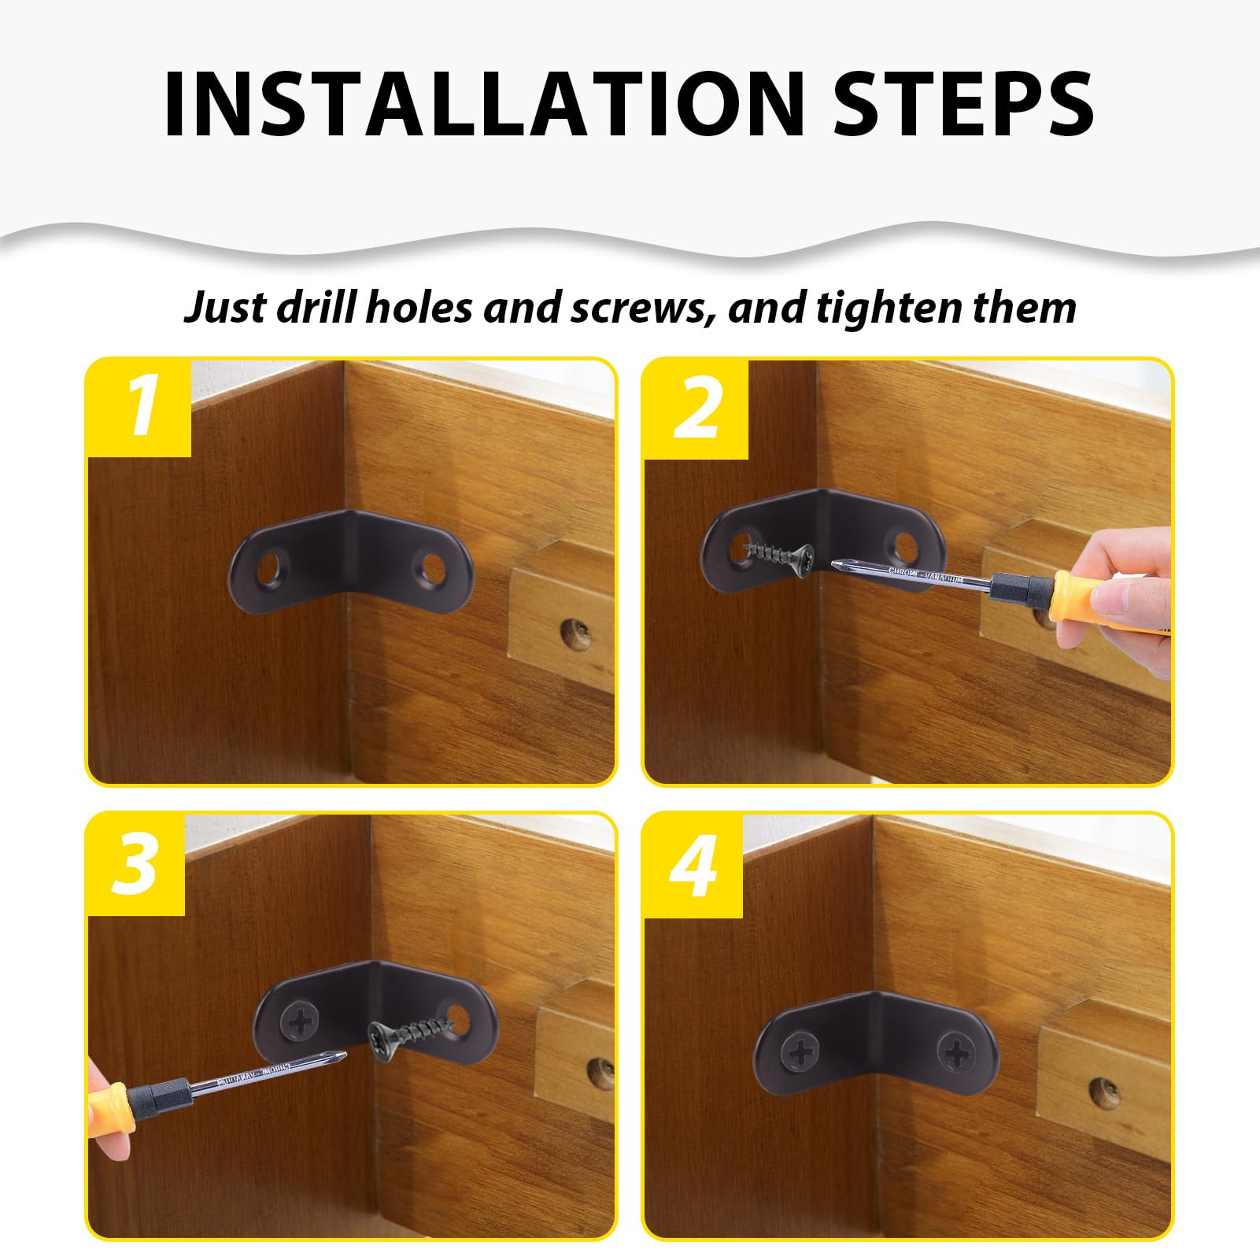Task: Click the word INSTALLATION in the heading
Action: (483, 105)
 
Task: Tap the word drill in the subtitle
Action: (318, 306)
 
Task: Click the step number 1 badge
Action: (139, 408)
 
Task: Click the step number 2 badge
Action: (696, 409)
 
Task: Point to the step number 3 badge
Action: (135, 864)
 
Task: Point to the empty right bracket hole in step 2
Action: (905, 544)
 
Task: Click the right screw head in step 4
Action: (959, 1051)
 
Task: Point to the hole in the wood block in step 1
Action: (575, 632)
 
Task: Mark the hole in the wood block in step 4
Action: (1103, 1091)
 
